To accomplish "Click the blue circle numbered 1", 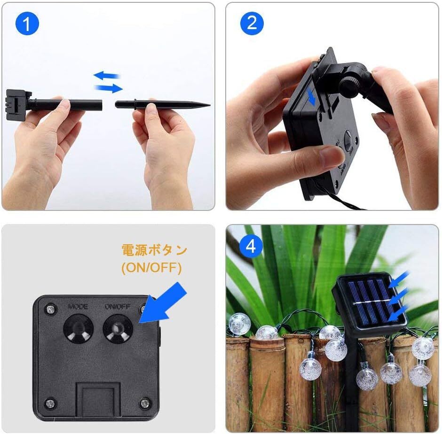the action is (x=27, y=23).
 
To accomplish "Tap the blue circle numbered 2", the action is (x=252, y=23).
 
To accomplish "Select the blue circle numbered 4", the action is (x=251, y=246).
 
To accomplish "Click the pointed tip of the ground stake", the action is (x=210, y=105).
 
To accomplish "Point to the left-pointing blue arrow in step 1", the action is (x=107, y=76).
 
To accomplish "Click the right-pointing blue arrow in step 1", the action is (x=109, y=88).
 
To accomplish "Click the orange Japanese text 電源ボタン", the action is (x=154, y=250).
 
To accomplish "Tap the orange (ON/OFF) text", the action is (x=151, y=268).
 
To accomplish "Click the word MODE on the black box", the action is (x=78, y=306).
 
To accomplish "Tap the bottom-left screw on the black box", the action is (x=50, y=403).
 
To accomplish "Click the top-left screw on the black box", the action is (x=50, y=310).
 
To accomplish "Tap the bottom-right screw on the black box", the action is (x=145, y=403).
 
